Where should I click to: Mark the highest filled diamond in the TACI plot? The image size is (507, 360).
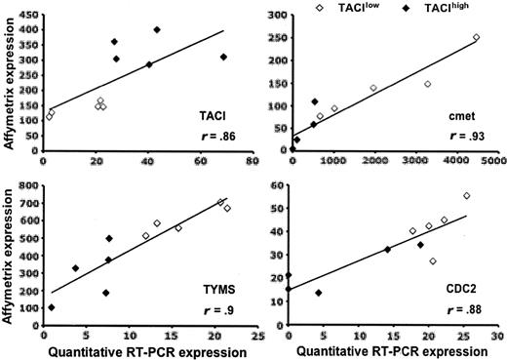click(x=157, y=29)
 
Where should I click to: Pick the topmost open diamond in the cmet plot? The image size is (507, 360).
click(x=476, y=37)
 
